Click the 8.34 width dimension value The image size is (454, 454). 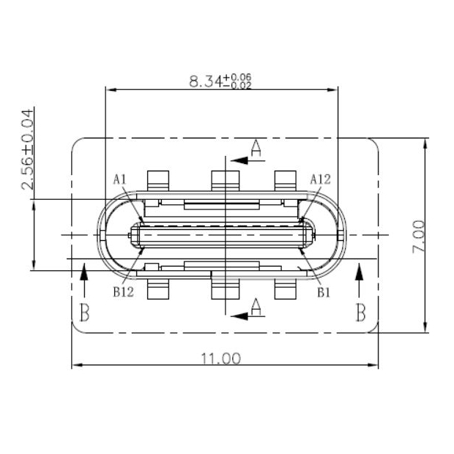205,81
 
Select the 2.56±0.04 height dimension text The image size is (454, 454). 27,149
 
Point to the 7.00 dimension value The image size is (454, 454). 418,237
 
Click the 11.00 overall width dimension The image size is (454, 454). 220,358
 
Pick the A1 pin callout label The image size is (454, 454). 120,179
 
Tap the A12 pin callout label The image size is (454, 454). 321,179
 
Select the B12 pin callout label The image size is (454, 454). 123,291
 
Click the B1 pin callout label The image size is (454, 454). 324,291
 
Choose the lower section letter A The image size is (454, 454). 256,307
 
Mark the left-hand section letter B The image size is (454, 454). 84,313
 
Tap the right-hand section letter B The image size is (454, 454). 360,313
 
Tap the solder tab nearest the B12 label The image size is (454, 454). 158,288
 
